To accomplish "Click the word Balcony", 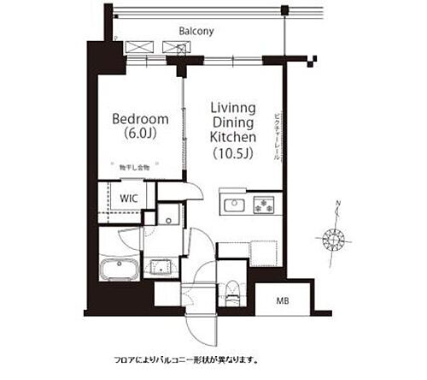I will [196, 32].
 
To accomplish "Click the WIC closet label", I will [130, 199].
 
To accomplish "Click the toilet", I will [231, 284].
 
